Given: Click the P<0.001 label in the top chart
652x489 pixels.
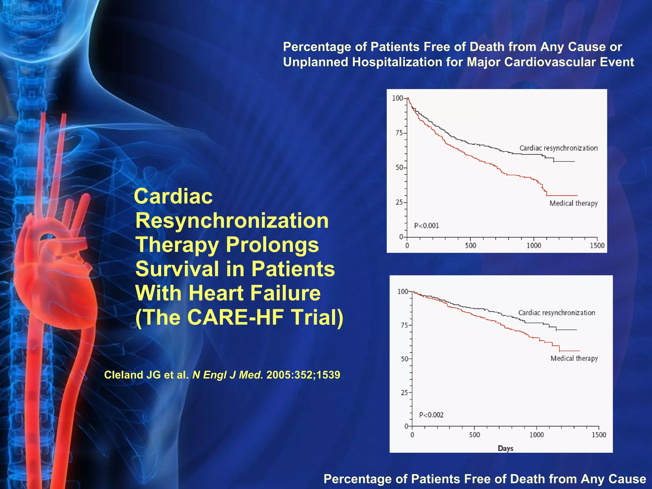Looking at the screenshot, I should point(426,226).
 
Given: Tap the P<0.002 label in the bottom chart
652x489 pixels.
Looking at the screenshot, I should point(431,415).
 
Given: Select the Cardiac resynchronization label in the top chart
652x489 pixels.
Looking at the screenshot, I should point(558,148).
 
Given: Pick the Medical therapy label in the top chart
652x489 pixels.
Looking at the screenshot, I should point(573,203).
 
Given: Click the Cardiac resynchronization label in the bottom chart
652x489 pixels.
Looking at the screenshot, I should point(556,313).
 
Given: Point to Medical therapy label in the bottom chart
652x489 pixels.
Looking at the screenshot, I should point(574,358).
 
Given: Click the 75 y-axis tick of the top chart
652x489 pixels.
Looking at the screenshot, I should point(399,133).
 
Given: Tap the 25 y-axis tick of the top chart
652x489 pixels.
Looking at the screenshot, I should point(399,202).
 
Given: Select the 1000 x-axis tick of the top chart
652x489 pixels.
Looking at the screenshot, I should point(534,245).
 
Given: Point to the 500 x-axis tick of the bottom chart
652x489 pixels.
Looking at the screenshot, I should point(474,435).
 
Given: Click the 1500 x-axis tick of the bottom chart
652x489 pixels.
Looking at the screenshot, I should point(599,435).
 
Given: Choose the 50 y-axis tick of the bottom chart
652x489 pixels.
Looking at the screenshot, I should point(404,359).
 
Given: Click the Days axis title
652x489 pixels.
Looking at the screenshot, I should point(506,448).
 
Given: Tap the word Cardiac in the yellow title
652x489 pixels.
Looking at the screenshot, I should point(174,196).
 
